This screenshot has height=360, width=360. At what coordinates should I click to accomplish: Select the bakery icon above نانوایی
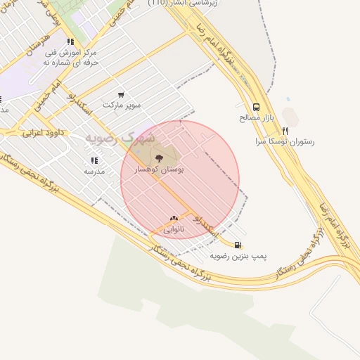tap(174, 219)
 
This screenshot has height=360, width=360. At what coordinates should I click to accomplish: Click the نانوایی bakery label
tap(174, 229)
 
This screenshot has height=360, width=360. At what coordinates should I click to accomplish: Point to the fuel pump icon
tap(239, 245)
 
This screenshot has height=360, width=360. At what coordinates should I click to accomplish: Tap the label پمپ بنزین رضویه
tap(239, 257)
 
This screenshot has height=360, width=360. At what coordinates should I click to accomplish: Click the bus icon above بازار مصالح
tap(256, 108)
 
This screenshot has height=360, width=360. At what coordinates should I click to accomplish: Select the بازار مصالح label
tap(255, 118)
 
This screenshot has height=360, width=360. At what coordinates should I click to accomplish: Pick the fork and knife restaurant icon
tap(285, 131)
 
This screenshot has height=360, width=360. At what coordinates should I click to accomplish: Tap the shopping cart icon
tap(121, 94)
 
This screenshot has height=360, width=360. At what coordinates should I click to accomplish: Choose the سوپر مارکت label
tap(122, 105)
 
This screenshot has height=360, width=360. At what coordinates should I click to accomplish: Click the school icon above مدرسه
tap(94, 160)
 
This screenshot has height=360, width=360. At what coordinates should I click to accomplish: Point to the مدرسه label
tap(94, 171)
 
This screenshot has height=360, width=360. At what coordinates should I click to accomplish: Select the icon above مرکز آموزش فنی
tap(70, 41)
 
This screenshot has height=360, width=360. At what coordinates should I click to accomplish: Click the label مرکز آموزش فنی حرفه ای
tap(70, 57)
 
